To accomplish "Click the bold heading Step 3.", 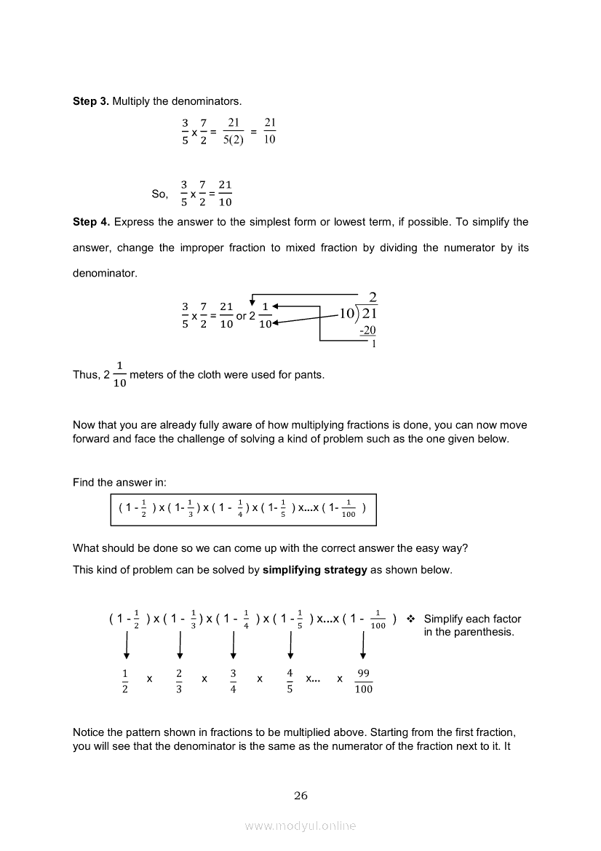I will coord(90,100).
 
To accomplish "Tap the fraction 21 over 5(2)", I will coord(234,132).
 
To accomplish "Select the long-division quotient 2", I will coord(373,297).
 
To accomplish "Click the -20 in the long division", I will coord(367,330).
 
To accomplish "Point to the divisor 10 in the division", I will coord(346,314).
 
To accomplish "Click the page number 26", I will coord(300,795).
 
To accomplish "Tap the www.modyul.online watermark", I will coord(300,826).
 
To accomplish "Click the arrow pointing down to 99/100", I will coord(363,643).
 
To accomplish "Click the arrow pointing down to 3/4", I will coord(233,643).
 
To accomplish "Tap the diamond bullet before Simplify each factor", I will coord(410,619).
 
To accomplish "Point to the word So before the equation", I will coord(159,194).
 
